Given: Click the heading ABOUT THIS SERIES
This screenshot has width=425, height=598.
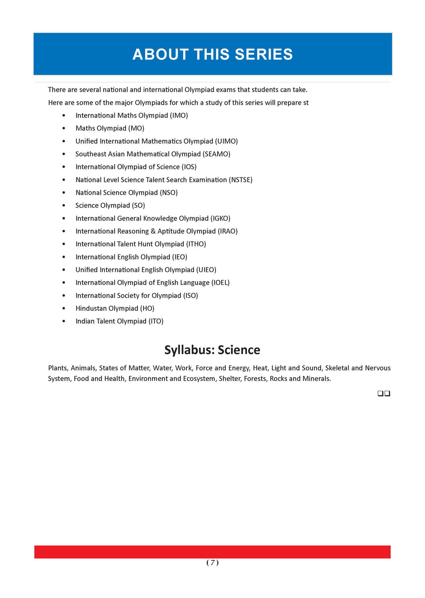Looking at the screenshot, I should (212, 54).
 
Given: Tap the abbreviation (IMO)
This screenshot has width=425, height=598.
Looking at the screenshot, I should (179, 115).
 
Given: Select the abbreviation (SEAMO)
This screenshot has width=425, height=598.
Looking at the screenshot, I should (216, 154).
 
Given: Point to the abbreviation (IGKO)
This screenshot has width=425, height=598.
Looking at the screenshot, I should (220, 218).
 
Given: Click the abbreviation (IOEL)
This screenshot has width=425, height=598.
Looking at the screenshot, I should (220, 283).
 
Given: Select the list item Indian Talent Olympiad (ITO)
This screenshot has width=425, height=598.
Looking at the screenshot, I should (119, 321).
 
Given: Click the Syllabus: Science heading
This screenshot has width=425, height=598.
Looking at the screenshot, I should (212, 350).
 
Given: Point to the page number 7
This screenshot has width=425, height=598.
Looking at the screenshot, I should (212, 563).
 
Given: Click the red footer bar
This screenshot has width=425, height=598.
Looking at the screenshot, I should (212, 552).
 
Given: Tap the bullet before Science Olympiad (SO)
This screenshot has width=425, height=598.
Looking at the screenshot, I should (64, 206).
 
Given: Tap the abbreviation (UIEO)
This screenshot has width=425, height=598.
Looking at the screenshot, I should (206, 270).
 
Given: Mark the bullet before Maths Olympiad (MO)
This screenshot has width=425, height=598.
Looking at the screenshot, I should (64, 129).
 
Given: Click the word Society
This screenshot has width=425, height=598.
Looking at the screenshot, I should (122, 296).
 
